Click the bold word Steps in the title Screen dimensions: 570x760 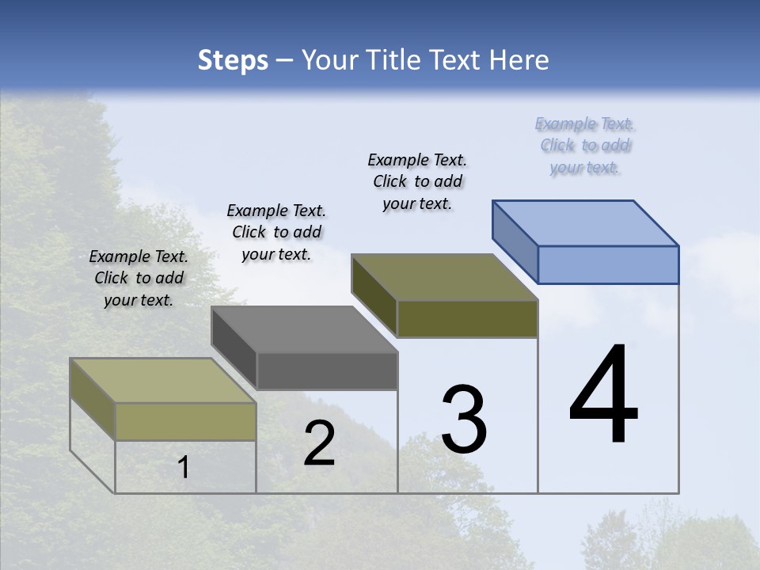(x=232, y=60)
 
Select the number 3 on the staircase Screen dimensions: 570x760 (x=464, y=420)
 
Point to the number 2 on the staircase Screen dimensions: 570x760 (x=319, y=444)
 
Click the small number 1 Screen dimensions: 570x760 (x=184, y=468)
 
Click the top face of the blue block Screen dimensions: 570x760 (x=586, y=222)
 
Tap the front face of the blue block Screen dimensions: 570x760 (x=608, y=264)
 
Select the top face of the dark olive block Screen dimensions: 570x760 (x=444, y=277)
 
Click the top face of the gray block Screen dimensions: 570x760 (x=304, y=329)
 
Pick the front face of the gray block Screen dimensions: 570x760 (x=327, y=371)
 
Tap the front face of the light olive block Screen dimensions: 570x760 (x=185, y=421)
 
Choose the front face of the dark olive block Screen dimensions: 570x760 (x=467, y=318)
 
